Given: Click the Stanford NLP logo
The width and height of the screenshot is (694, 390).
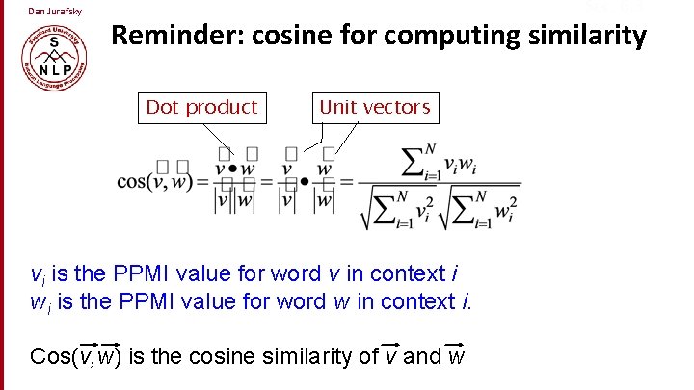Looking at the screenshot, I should point(53,63).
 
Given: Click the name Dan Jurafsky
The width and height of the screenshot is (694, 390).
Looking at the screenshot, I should point(55,12).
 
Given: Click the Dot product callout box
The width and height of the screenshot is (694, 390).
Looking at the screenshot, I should point(201,107).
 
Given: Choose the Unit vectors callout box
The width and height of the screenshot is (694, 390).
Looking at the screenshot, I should point(374,107).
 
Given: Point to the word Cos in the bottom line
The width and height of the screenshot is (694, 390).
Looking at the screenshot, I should point(51,356).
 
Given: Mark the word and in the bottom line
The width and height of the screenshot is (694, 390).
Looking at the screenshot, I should point(422,356).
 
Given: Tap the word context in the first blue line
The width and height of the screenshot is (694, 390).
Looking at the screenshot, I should point(395,275).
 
